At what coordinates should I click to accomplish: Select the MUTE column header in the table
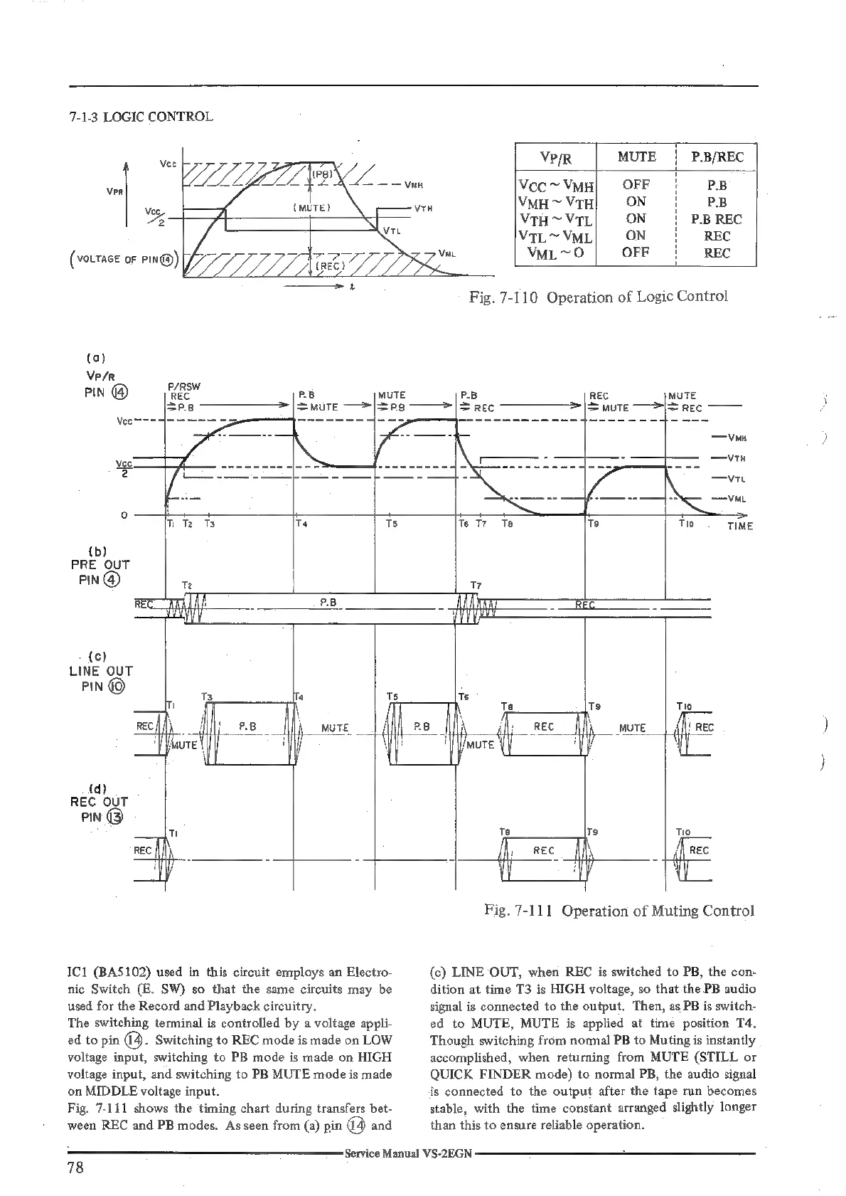point(636,157)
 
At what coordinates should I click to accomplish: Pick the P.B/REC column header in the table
point(717,157)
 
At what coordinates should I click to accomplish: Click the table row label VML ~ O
point(555,253)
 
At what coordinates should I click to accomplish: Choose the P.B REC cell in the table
point(717,219)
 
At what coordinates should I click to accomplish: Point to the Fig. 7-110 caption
point(598,297)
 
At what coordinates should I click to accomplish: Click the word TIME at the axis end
point(739,526)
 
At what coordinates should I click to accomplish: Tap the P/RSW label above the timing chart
point(183,386)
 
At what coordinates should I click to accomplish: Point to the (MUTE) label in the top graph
point(310,208)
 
